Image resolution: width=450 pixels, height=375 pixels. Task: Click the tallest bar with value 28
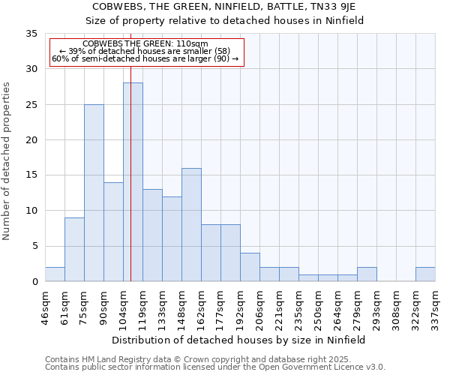[x=133, y=182]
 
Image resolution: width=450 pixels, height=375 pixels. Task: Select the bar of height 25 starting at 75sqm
[x=94, y=193]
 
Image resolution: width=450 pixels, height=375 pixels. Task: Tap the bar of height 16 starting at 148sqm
[x=191, y=225]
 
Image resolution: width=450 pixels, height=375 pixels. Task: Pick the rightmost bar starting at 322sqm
[x=425, y=274]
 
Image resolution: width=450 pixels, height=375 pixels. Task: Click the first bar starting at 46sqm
[x=55, y=274]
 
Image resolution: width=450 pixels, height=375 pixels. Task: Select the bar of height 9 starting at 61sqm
[x=74, y=250]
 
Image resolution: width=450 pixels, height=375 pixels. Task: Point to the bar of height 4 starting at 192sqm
[x=250, y=267]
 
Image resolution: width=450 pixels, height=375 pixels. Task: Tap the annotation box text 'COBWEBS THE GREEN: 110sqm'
[x=145, y=44]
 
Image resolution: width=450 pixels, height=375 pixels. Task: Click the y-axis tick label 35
[x=31, y=34]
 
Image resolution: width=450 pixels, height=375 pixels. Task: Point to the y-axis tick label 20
[x=31, y=140]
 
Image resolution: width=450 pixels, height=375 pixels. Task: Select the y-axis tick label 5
[x=34, y=247]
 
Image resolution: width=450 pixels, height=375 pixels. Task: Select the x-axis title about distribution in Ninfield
[x=243, y=340]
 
